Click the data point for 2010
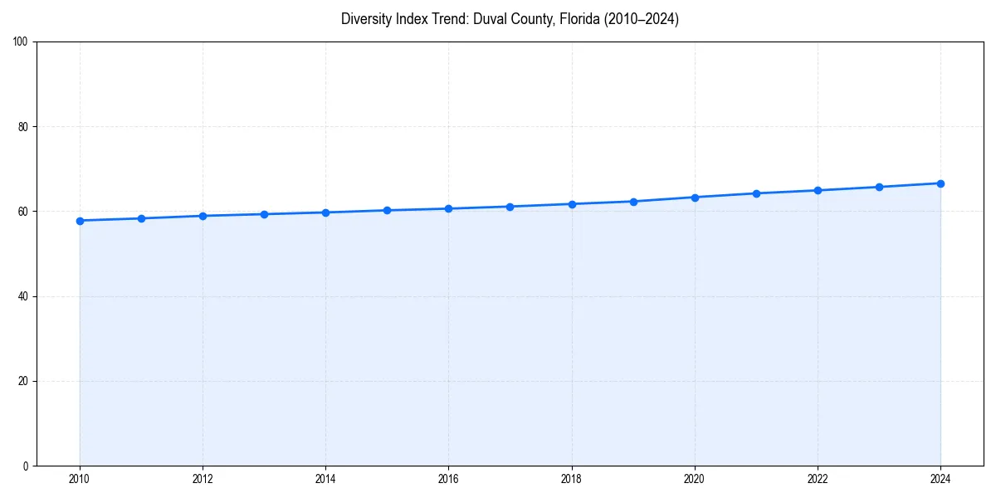tap(80, 221)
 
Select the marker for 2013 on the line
tap(264, 214)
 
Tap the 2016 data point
tap(448, 208)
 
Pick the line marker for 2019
tap(633, 202)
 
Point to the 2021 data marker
tap(756, 193)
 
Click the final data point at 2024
tap(940, 183)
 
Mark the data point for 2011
tap(141, 218)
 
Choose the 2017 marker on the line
tap(510, 207)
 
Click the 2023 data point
tap(879, 187)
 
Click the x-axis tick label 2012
tap(203, 479)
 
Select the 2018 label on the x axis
tap(571, 479)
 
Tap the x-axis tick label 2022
tap(818, 479)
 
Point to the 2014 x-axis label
tap(325, 479)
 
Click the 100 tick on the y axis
tap(22, 42)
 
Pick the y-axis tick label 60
tap(24, 212)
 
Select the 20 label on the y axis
tap(24, 381)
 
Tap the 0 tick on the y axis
tap(27, 466)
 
